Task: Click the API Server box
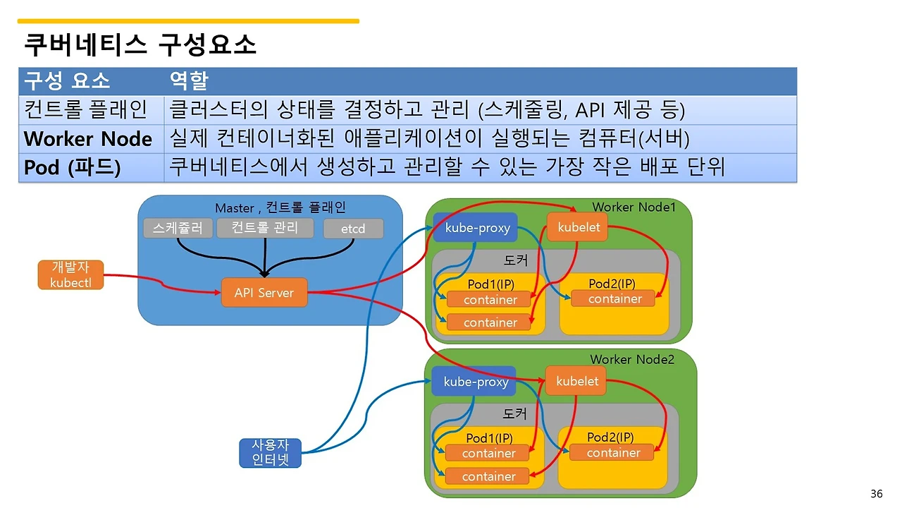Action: pos(264,293)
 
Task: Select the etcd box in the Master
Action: pos(353,229)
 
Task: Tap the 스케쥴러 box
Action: pos(178,228)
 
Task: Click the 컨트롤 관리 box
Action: pos(264,227)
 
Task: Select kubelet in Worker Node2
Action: pos(576,381)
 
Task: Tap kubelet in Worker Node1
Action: pos(578,227)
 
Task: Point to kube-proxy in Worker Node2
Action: pos(476,382)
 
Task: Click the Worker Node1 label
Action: pos(634,207)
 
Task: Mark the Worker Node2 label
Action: pos(632,360)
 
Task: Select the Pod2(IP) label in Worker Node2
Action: pos(610,437)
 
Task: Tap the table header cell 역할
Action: pos(189,80)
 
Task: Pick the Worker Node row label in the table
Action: pos(88,138)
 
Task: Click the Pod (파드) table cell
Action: pos(73,168)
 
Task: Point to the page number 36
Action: pos(876,493)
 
